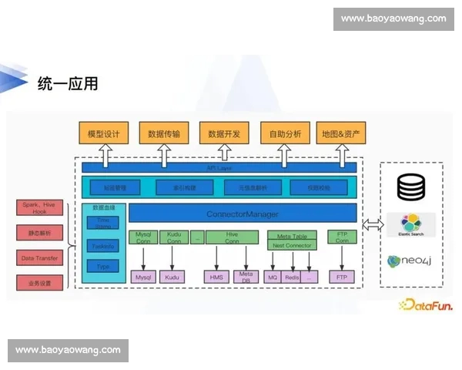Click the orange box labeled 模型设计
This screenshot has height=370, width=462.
click(x=103, y=134)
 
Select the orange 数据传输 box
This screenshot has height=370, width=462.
click(x=163, y=134)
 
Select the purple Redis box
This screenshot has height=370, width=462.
click(x=292, y=276)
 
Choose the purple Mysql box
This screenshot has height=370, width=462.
click(x=143, y=276)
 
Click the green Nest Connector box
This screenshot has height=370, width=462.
click(x=292, y=245)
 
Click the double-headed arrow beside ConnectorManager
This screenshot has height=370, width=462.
click(x=372, y=224)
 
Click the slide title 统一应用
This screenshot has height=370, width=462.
click(x=68, y=83)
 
